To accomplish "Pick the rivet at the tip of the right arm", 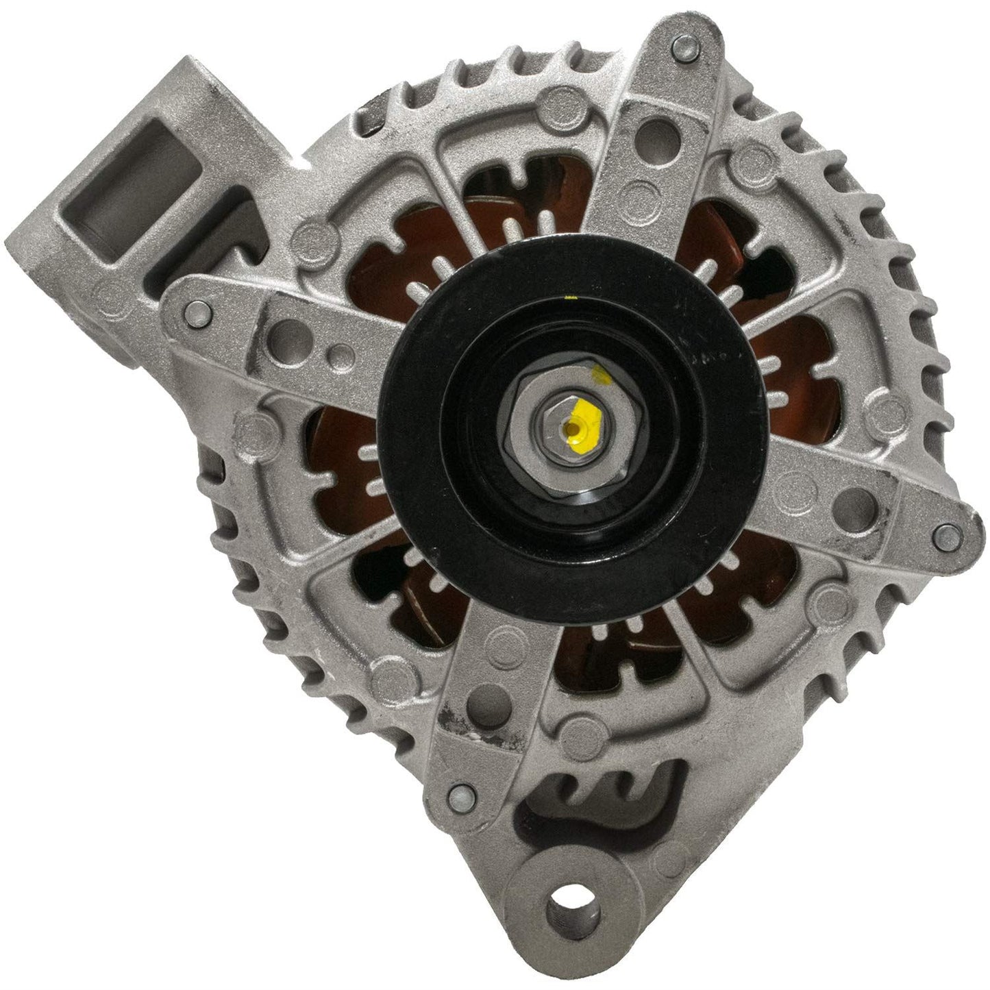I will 943,531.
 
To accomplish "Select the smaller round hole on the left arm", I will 337,357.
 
